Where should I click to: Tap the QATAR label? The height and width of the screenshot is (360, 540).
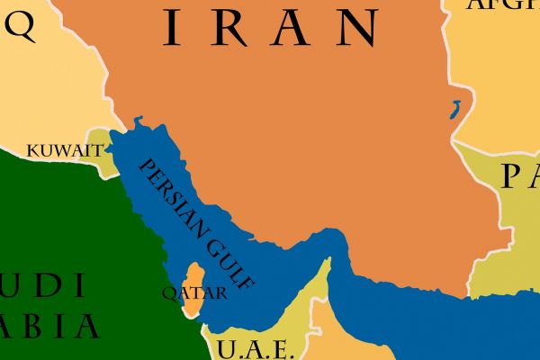193,292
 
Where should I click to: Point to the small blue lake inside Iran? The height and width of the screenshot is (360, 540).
456,111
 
